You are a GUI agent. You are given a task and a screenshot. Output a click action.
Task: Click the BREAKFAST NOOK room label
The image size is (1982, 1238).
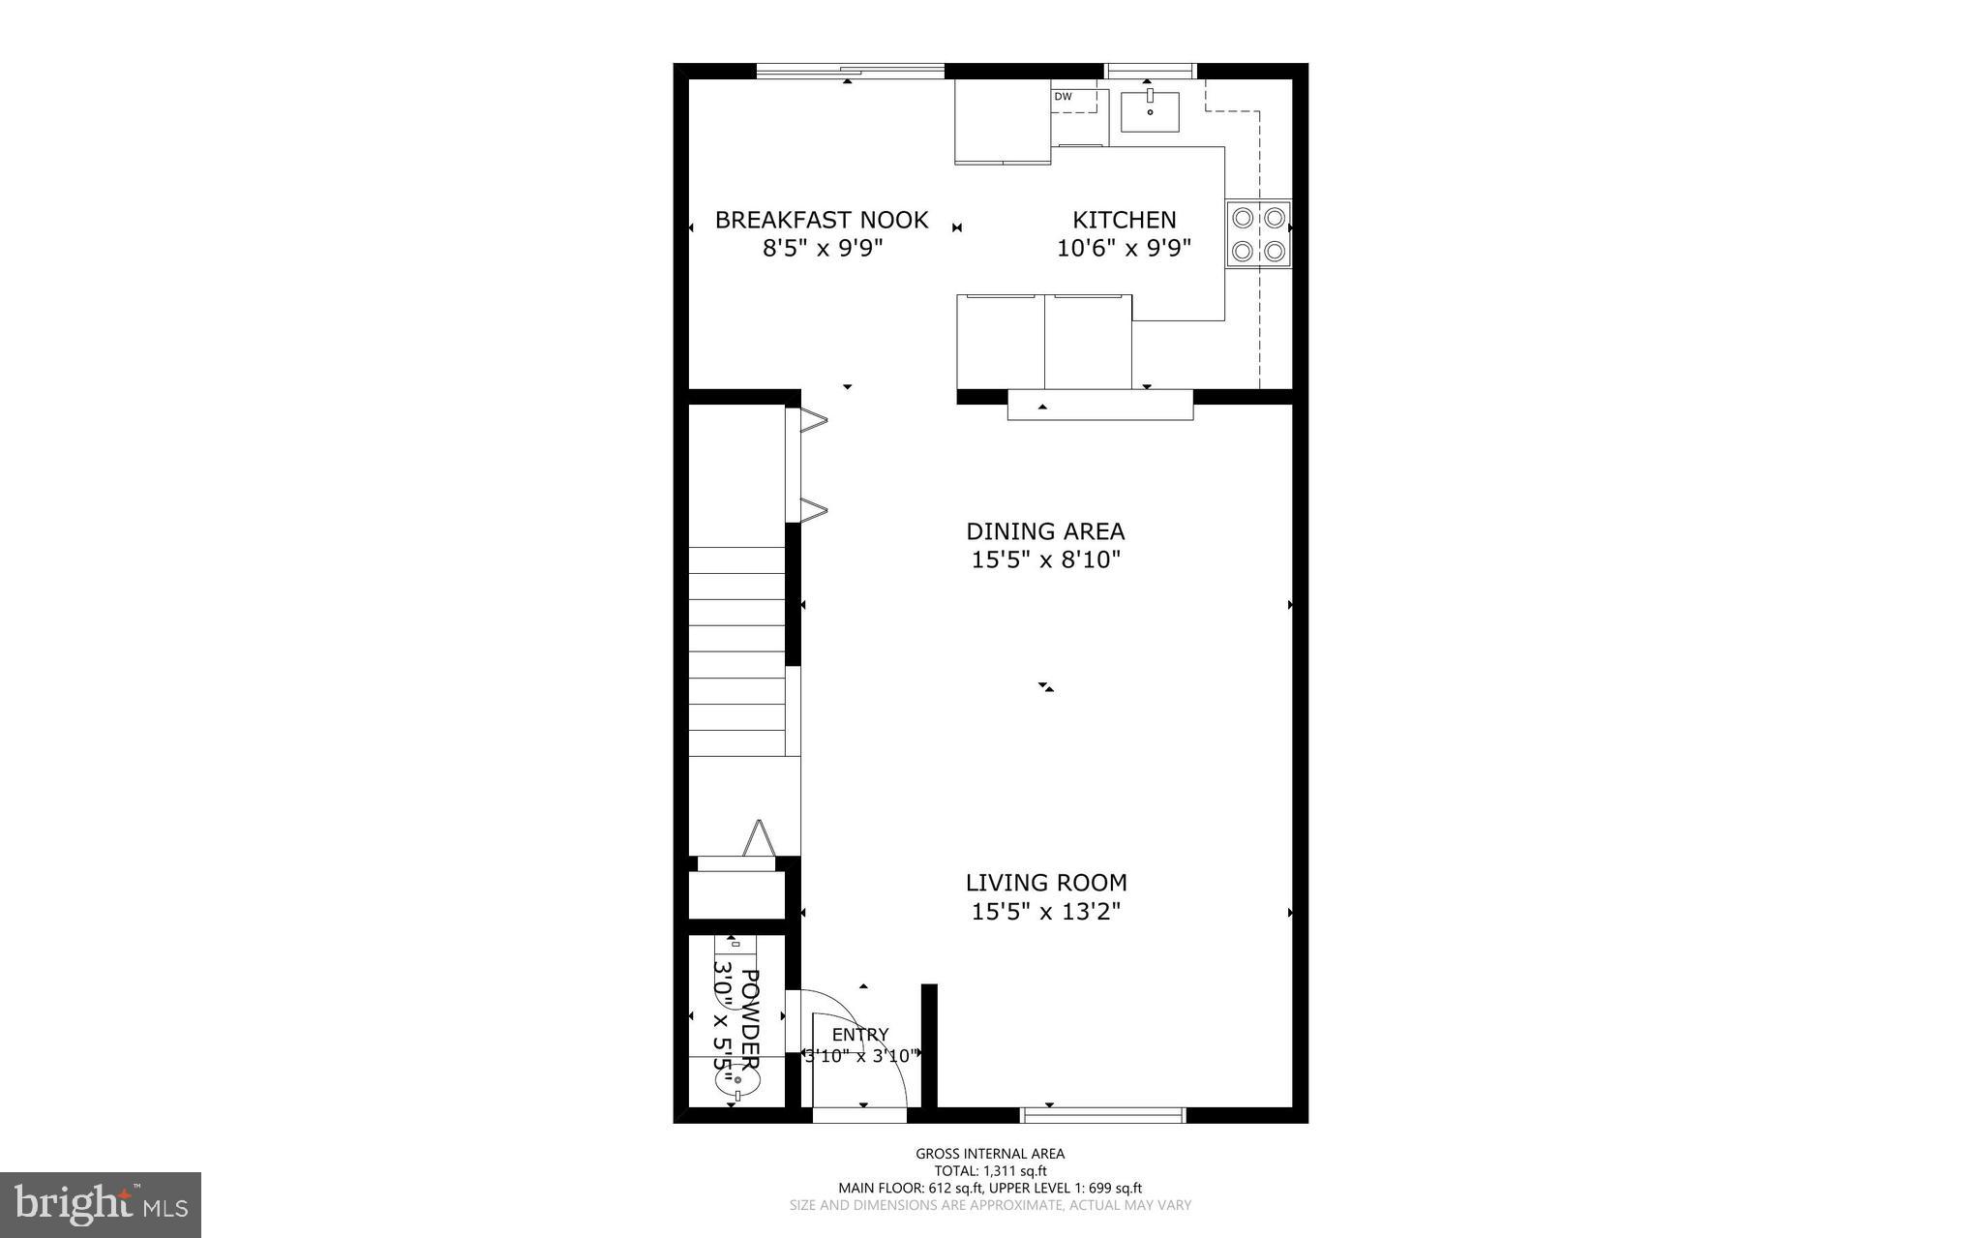click(x=822, y=220)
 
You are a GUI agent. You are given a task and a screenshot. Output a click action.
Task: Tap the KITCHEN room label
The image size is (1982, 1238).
click(x=1124, y=220)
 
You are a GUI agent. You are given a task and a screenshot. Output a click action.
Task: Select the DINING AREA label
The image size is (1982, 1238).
click(x=1045, y=531)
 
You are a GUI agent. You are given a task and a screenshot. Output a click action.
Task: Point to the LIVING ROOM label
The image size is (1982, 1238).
click(x=1046, y=883)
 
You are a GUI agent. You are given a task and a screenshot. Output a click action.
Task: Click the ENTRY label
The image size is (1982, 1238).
click(x=860, y=1035)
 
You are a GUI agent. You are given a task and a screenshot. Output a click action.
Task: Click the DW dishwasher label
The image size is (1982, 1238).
click(x=1063, y=97)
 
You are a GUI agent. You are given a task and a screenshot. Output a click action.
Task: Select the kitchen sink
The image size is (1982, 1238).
click(x=1150, y=111)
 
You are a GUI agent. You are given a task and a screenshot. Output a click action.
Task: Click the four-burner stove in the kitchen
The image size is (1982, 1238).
click(x=1258, y=233)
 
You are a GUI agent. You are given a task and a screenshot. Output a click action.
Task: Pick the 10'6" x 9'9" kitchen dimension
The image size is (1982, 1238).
click(x=1124, y=249)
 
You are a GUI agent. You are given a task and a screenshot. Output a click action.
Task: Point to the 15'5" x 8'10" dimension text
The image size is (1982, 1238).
click(x=1045, y=559)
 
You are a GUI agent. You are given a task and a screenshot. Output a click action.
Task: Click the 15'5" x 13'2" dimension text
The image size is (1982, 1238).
click(x=1046, y=911)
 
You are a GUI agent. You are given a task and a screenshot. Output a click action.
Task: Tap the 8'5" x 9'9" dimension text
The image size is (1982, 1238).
click(x=823, y=249)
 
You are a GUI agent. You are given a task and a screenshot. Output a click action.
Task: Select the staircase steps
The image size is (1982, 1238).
click(x=737, y=650)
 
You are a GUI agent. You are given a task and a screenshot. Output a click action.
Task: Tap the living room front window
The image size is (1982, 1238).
click(x=1103, y=1115)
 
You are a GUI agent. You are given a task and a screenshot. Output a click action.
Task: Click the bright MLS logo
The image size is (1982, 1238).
click(x=101, y=1204)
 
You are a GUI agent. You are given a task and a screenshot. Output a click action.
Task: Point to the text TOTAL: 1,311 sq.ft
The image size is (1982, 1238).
click(x=990, y=1170)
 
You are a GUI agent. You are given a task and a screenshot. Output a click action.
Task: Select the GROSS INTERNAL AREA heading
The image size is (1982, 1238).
click(x=990, y=1153)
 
